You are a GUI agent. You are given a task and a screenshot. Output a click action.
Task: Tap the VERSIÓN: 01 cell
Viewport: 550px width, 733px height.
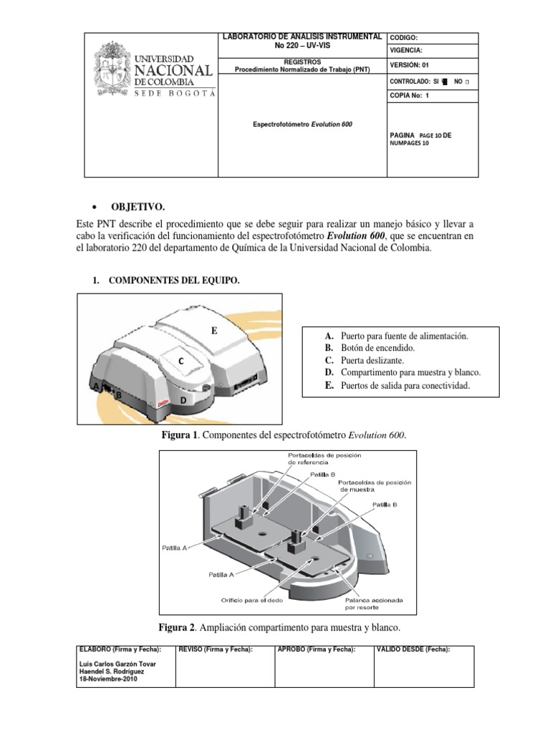click(x=409, y=64)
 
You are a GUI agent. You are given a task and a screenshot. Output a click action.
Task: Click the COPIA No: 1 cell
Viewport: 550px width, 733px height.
click(x=409, y=94)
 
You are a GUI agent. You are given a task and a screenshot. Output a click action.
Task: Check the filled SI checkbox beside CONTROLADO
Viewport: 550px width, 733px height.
click(x=444, y=80)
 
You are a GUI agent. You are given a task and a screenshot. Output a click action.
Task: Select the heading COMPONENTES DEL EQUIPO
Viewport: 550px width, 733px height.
click(x=174, y=281)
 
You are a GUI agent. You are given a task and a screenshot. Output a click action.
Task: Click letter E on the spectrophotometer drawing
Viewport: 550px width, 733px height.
click(x=213, y=331)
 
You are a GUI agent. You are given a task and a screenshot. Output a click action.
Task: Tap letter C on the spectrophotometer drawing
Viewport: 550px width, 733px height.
click(x=181, y=361)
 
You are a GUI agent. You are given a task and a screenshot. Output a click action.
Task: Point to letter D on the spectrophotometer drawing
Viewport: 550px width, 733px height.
click(x=183, y=401)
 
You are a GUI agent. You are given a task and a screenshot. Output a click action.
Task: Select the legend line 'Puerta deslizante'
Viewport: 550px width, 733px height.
click(x=367, y=361)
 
